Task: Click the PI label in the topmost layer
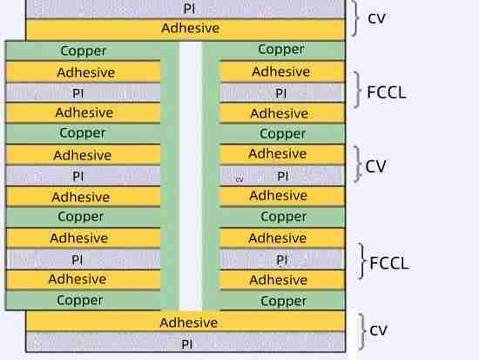(190, 8)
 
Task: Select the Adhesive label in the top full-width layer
(190, 29)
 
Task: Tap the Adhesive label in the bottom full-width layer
(188, 323)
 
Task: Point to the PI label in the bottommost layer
(188, 343)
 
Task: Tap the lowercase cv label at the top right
(377, 18)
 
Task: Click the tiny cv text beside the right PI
(239, 180)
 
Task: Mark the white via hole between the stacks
(190, 174)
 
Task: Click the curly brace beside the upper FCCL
(361, 91)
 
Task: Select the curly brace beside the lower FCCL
(362, 262)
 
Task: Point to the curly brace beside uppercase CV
(361, 165)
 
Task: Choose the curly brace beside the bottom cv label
(362, 330)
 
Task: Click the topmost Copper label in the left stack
(84, 51)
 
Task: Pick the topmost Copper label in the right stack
(281, 50)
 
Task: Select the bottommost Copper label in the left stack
(80, 300)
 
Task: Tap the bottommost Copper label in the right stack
(284, 301)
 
